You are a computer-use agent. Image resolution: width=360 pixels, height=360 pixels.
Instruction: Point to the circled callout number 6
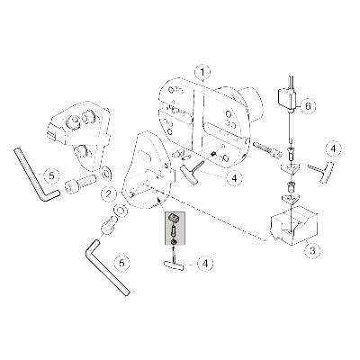point(308,105)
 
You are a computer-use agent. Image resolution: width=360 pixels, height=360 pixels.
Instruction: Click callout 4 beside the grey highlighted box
point(208,265)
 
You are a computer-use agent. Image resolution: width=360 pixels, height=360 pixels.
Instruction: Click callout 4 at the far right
point(333,147)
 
